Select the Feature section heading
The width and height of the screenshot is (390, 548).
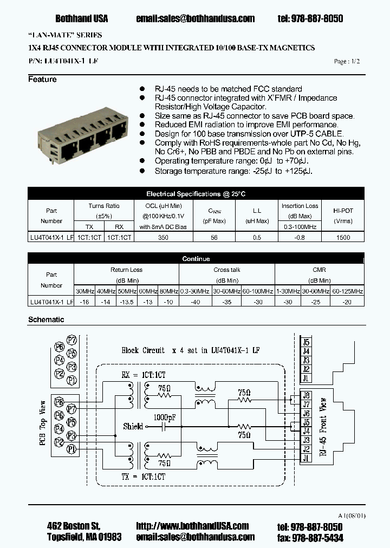[42, 80]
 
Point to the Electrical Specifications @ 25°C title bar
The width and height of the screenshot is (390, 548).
[196, 194]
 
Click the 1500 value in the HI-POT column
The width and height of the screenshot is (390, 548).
[343, 238]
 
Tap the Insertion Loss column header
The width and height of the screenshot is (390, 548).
[300, 206]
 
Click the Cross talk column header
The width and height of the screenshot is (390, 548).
[227, 270]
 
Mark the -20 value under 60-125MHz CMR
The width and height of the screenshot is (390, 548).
[347, 302]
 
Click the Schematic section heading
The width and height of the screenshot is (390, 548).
[46, 319]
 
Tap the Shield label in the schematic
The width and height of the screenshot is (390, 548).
[133, 426]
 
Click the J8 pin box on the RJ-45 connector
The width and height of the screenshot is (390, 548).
[306, 395]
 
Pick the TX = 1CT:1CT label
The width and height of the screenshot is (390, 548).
[144, 477]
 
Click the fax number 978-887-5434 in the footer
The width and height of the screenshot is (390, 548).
[317, 537]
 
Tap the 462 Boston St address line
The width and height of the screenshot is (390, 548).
[73, 526]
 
